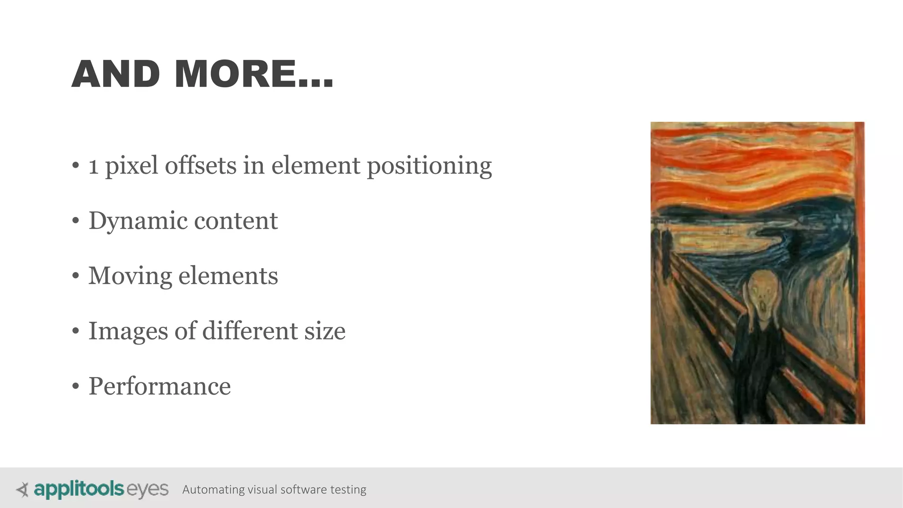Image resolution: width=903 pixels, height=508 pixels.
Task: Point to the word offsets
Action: (x=201, y=166)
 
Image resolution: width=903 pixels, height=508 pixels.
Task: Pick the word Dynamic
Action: (x=138, y=221)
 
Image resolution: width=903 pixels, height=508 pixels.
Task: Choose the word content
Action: (x=236, y=221)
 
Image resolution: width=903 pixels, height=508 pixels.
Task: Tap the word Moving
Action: (x=130, y=276)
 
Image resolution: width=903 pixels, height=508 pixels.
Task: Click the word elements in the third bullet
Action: (x=228, y=276)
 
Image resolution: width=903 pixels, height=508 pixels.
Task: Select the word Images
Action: (x=128, y=332)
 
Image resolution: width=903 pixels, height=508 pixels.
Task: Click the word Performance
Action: (x=160, y=386)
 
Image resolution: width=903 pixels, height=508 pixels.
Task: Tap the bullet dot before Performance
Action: (x=76, y=387)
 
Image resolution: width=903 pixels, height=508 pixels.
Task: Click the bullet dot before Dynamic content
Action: (x=76, y=221)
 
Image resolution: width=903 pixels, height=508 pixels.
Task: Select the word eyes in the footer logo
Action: (x=148, y=489)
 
